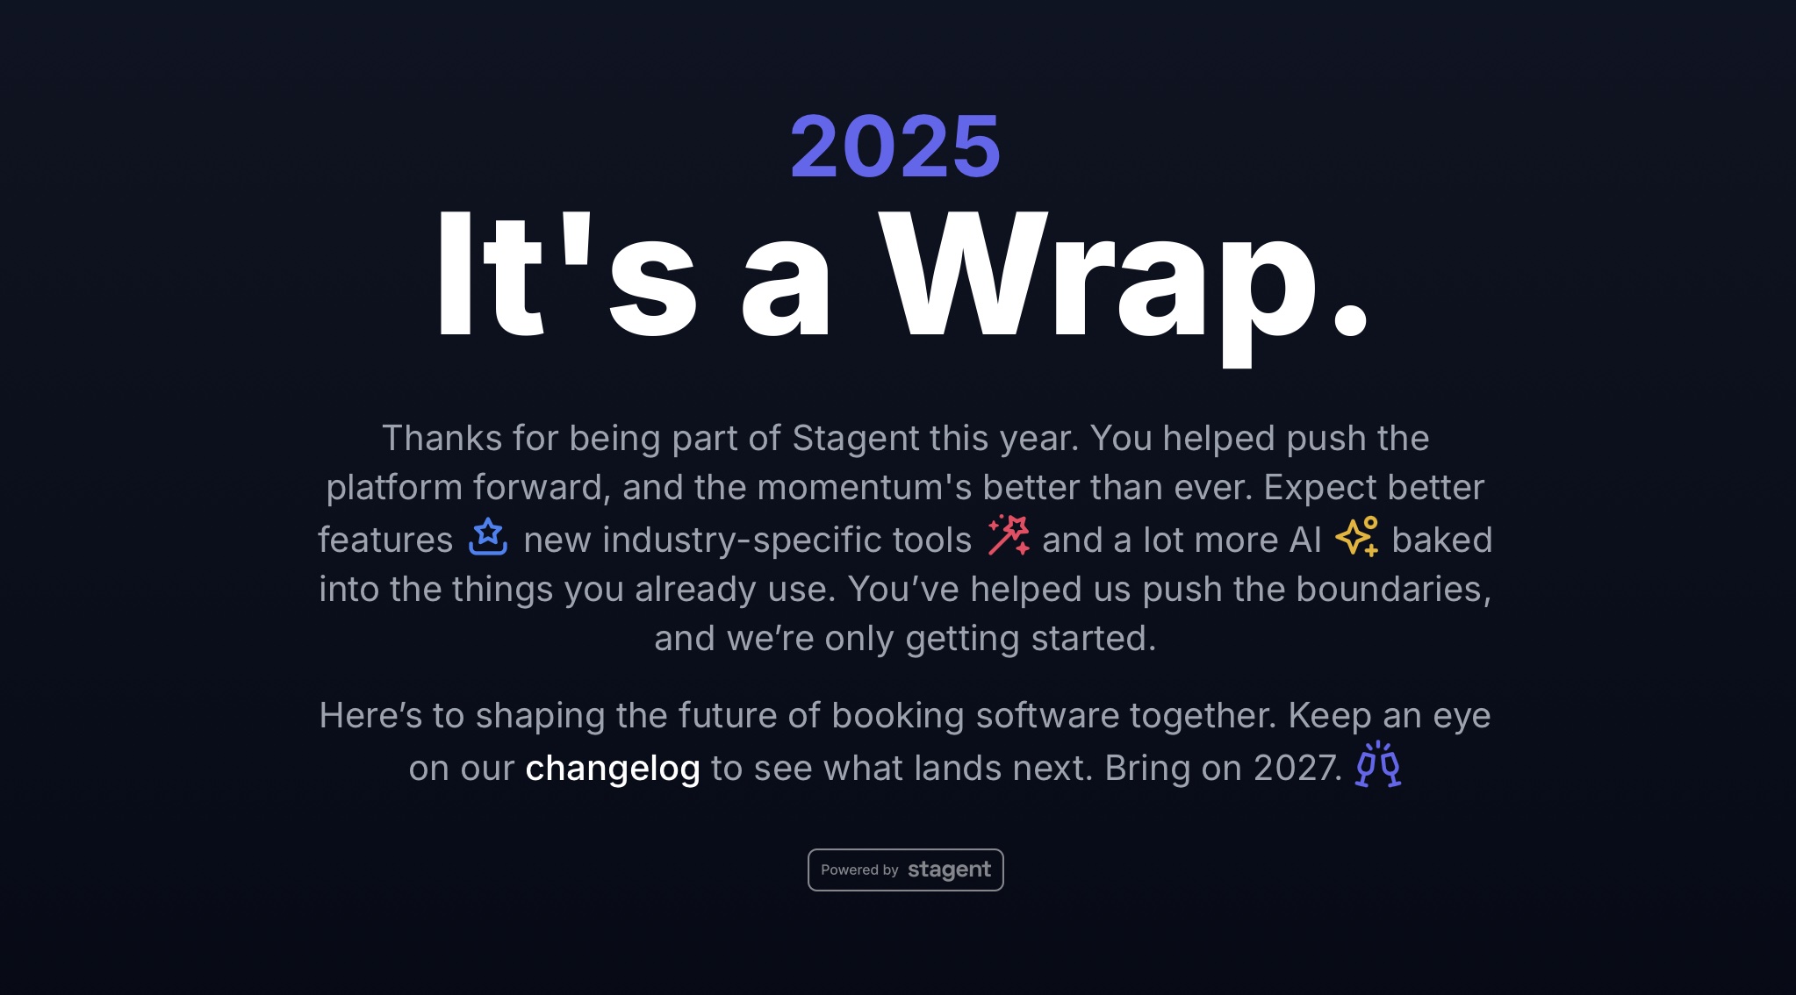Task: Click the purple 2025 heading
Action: point(895,146)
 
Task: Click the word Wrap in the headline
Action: point(1098,276)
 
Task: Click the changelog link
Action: point(612,769)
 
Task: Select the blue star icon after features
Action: point(488,537)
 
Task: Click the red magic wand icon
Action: point(1009,535)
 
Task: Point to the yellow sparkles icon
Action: point(1357,536)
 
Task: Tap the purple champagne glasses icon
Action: point(1378,764)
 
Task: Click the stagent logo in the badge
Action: point(949,870)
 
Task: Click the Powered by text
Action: point(859,870)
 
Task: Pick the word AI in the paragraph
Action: point(1304,540)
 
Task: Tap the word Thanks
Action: point(442,439)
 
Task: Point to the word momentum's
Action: point(864,488)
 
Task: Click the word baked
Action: point(1441,540)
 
